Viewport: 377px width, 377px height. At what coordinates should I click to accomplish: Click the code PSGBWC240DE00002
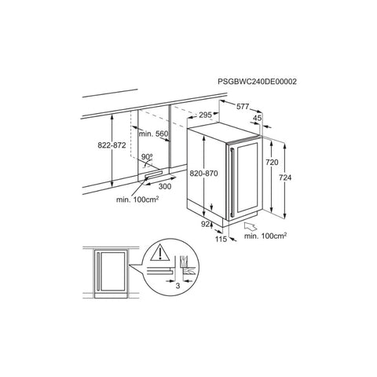[x=258, y=82]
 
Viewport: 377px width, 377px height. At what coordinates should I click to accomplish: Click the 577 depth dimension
[x=243, y=106]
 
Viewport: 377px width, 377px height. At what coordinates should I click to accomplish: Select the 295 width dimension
[x=205, y=115]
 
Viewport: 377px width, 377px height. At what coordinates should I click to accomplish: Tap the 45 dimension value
[x=258, y=118]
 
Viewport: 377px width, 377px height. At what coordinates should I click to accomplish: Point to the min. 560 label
[x=153, y=134]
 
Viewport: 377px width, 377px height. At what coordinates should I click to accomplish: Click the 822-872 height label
[x=112, y=145]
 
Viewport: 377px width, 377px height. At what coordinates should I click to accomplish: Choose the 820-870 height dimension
[x=203, y=174]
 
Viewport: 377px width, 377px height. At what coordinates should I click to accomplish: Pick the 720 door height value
[x=272, y=163]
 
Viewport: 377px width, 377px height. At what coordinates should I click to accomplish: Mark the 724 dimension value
[x=285, y=178]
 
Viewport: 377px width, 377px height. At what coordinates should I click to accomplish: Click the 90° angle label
[x=147, y=156]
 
